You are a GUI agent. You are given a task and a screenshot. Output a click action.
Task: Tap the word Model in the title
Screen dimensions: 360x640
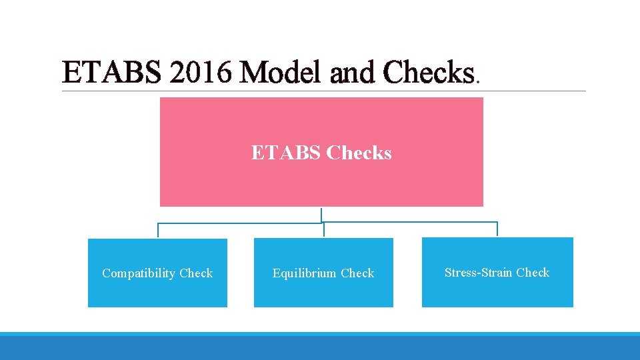coord(281,73)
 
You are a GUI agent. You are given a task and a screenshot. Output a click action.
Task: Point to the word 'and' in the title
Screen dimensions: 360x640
coord(348,73)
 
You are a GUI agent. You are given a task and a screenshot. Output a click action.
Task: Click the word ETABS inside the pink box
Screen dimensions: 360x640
coord(286,153)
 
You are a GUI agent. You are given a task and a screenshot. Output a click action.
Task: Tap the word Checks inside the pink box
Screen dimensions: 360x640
coord(359,153)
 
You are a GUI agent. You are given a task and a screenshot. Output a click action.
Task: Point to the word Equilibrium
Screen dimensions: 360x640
coord(305,273)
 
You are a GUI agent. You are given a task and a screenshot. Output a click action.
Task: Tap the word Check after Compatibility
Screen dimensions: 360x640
coord(196,273)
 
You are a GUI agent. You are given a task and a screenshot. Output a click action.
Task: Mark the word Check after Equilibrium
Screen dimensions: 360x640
coord(357,273)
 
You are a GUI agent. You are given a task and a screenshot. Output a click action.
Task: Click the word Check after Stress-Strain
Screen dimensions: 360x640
coord(533,273)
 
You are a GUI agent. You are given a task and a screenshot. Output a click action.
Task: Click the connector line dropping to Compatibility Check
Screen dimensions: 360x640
coord(158,230)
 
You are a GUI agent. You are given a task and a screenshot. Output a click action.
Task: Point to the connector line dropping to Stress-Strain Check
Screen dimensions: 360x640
coord(497,229)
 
